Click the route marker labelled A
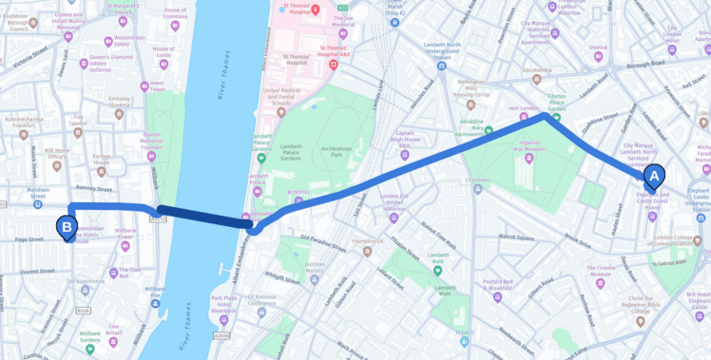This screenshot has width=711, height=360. (654, 176)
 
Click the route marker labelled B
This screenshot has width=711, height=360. (67, 227)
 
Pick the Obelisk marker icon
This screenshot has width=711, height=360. (599, 57)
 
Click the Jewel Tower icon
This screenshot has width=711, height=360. (144, 86)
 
